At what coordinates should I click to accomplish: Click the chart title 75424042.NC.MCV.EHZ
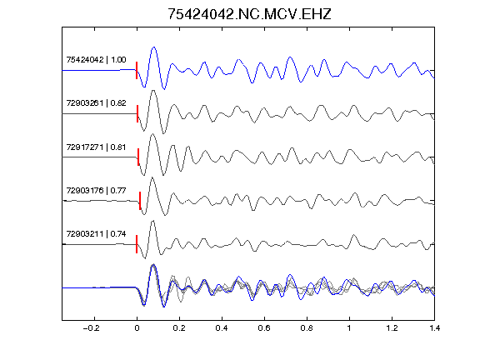(x=249, y=14)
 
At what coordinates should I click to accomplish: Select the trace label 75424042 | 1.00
(x=96, y=60)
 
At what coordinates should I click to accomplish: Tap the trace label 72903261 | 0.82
(x=96, y=103)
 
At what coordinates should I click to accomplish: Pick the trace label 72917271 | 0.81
(x=96, y=147)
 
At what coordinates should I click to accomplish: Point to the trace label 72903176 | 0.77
(x=96, y=191)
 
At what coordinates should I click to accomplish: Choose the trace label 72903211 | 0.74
(x=96, y=234)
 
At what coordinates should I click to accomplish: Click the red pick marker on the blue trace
(x=137, y=70)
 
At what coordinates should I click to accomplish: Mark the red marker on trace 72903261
(x=137, y=114)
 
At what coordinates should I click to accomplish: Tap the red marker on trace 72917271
(x=138, y=157)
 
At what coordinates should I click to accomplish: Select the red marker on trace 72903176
(x=140, y=201)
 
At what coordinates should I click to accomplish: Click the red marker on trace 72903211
(x=137, y=244)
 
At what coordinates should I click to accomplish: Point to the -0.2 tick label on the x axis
(x=92, y=328)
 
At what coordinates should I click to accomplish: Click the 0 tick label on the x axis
(x=137, y=328)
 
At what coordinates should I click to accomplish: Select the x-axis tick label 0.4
(x=222, y=328)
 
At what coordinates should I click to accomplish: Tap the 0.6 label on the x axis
(x=264, y=328)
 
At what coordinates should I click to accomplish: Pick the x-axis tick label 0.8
(x=307, y=328)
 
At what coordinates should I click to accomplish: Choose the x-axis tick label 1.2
(x=392, y=328)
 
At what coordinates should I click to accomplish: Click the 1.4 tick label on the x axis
(x=435, y=328)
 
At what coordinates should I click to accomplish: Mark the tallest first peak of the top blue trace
(x=154, y=47)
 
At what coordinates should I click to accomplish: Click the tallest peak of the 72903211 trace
(x=152, y=221)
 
